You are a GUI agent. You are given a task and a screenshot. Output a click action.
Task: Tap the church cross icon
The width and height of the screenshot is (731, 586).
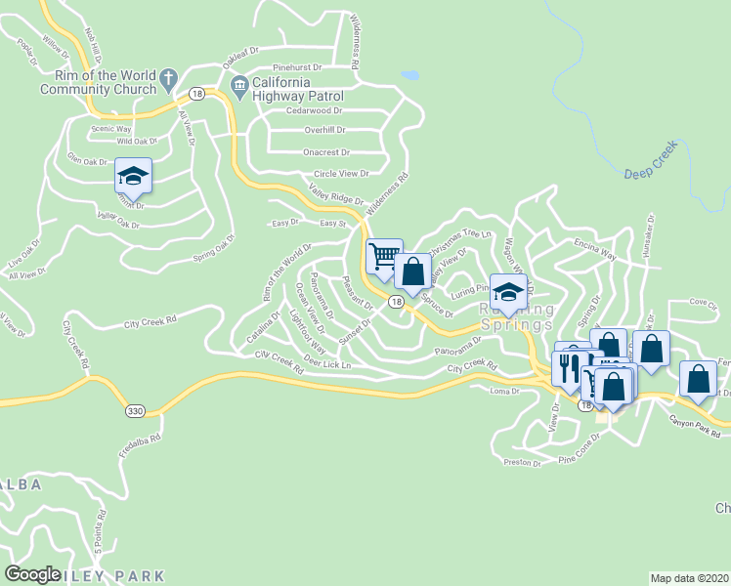click(x=168, y=76)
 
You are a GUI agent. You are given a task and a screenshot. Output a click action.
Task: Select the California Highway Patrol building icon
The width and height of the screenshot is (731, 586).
click(x=239, y=89)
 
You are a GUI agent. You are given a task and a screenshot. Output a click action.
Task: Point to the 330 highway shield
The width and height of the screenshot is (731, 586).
click(x=136, y=412)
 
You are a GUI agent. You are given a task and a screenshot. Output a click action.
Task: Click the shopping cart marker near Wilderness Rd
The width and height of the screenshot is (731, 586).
click(x=384, y=256)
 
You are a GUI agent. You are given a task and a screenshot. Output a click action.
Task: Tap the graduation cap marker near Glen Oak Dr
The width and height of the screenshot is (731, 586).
click(x=133, y=176)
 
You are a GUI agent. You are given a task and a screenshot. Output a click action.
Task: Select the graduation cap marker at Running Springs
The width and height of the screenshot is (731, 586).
click(x=508, y=292)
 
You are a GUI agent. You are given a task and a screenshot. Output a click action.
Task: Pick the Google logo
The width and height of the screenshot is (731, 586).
click(x=33, y=574)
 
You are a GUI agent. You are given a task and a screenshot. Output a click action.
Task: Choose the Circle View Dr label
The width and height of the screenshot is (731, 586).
click(x=340, y=174)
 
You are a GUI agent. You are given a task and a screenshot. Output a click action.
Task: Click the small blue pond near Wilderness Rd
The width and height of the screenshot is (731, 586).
click(x=410, y=74)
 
